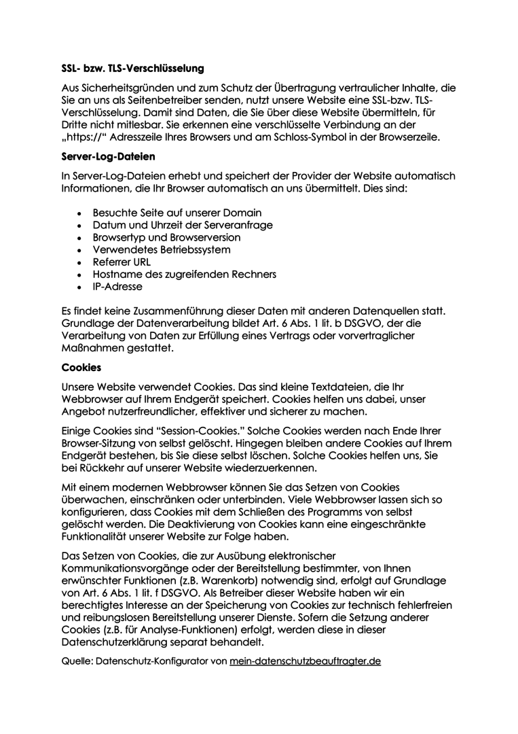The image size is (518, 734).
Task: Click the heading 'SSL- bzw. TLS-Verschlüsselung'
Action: click(x=132, y=69)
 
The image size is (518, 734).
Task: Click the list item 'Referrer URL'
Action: click(x=122, y=262)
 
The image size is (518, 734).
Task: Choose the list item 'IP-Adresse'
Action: click(x=117, y=287)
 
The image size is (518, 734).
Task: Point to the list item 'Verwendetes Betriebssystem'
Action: click(x=162, y=250)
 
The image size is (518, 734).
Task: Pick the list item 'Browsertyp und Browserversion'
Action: click(x=166, y=238)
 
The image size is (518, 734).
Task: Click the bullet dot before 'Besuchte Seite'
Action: click(x=81, y=213)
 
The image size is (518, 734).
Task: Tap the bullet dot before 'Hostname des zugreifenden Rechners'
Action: click(x=81, y=275)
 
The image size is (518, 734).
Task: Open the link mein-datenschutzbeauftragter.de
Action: click(x=305, y=661)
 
